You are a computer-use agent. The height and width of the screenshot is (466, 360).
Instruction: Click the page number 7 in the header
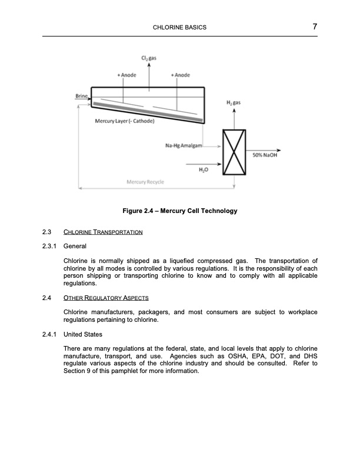315,26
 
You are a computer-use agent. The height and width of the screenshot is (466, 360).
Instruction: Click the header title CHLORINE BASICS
179,28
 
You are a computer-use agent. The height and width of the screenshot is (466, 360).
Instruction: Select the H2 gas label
234,103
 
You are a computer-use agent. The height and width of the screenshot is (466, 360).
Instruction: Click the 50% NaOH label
264,155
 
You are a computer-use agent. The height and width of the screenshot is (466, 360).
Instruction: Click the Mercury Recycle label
145,182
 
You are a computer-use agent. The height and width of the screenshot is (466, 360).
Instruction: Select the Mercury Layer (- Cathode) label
124,121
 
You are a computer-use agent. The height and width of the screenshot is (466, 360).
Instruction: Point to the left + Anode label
126,75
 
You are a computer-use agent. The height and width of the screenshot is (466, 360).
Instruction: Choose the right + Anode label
180,75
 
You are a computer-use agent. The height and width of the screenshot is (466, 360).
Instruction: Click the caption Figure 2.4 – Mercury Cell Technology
179,211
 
